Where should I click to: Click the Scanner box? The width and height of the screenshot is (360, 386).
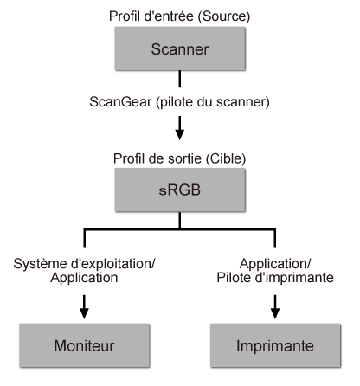click(179, 49)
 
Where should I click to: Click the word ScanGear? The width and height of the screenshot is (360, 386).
click(115, 101)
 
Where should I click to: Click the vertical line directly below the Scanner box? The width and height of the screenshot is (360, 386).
click(179, 80)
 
